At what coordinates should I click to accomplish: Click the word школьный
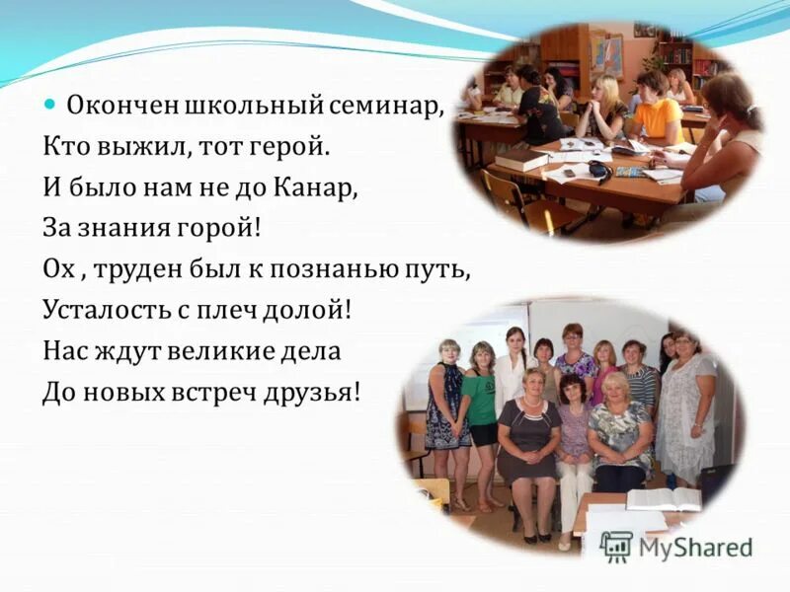tap(242, 104)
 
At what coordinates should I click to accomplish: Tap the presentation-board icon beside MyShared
tap(615, 547)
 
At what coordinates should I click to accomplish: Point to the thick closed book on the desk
tap(520, 159)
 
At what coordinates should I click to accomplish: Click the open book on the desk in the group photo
tap(663, 498)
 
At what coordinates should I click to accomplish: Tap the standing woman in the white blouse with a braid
tap(513, 370)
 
